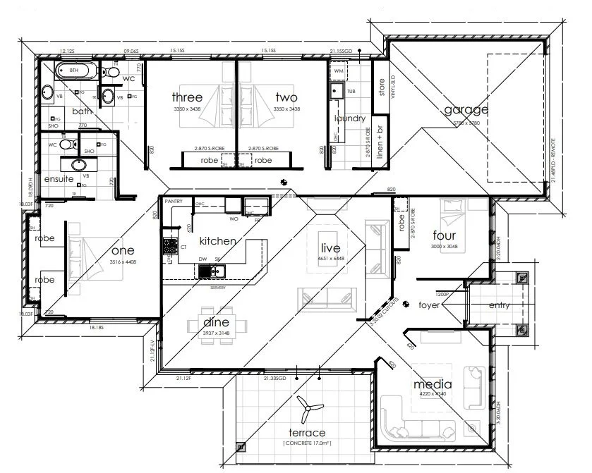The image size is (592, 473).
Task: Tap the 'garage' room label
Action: point(466,110)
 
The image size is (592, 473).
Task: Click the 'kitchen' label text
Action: point(217,240)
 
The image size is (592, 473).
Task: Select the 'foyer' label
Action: point(429,305)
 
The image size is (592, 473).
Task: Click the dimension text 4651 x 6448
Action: point(331,259)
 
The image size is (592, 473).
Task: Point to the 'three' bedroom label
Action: point(187,97)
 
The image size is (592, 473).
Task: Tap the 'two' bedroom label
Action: point(286,97)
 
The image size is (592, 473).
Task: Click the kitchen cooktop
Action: point(170,247)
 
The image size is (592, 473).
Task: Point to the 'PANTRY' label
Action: point(174,202)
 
